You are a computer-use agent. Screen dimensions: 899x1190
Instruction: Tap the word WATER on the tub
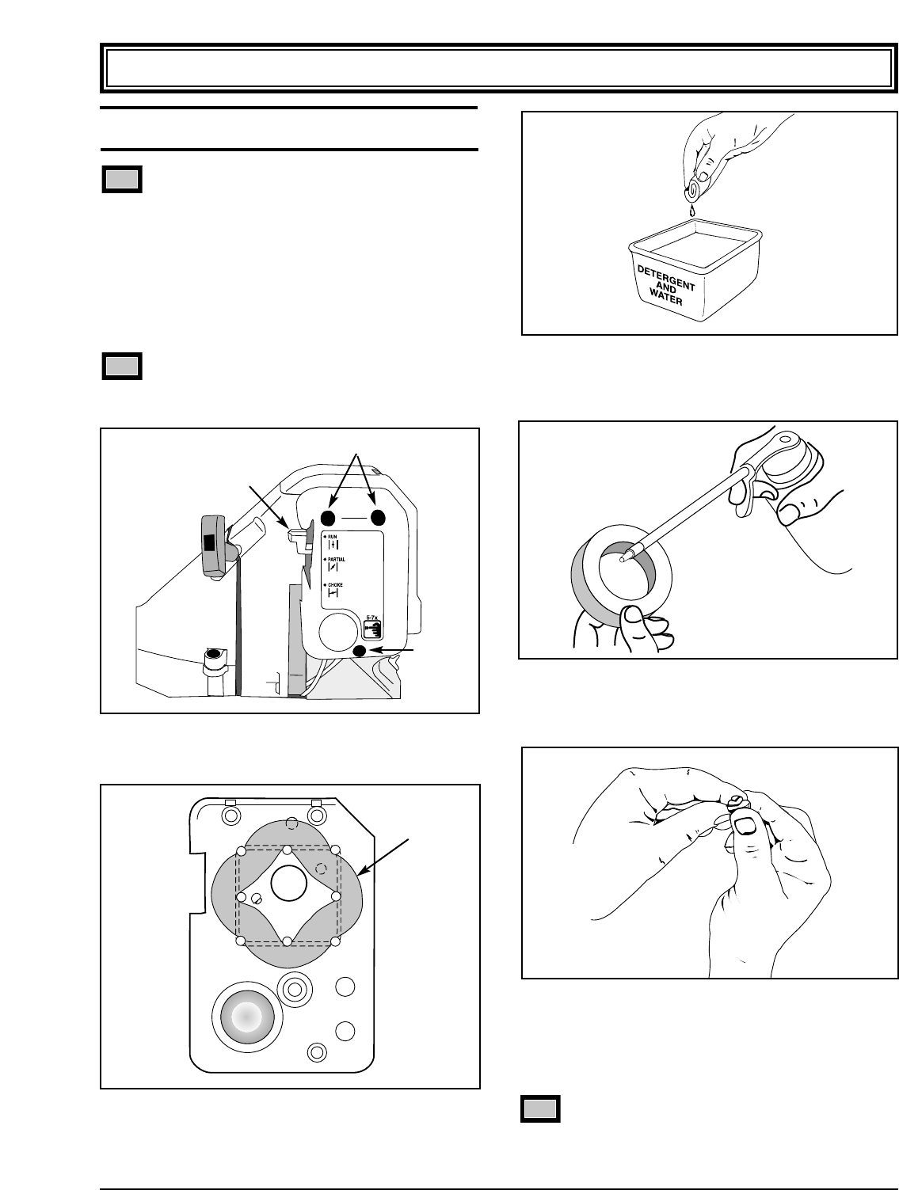point(662,302)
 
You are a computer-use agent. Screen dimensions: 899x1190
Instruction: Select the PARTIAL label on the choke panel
point(337,560)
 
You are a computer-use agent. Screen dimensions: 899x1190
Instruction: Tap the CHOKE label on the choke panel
point(337,584)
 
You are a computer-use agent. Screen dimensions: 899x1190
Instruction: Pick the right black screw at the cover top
point(377,517)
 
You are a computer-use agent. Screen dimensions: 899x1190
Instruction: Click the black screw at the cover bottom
point(360,651)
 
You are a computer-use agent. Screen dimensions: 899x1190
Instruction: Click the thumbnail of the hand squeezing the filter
point(745,827)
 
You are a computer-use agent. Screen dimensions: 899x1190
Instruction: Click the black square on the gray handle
point(208,542)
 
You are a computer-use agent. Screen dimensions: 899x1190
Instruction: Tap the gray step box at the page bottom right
point(540,1108)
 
